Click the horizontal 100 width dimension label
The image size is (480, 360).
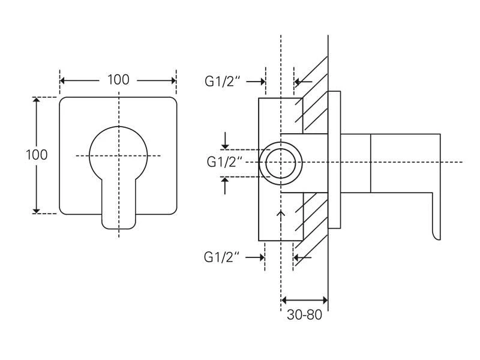[x=118, y=80]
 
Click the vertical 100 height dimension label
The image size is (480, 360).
[x=37, y=154]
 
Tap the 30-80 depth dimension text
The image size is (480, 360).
[x=304, y=314]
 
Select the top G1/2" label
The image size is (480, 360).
[x=222, y=82]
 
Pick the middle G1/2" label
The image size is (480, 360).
[x=224, y=162]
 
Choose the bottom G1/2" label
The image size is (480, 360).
[x=222, y=257]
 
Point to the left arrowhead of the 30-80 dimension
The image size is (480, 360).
[x=284, y=300]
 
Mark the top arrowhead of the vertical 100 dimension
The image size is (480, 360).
[x=37, y=101]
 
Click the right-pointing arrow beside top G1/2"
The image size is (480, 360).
[x=262, y=82]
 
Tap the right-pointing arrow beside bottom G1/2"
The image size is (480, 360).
[x=260, y=257]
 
